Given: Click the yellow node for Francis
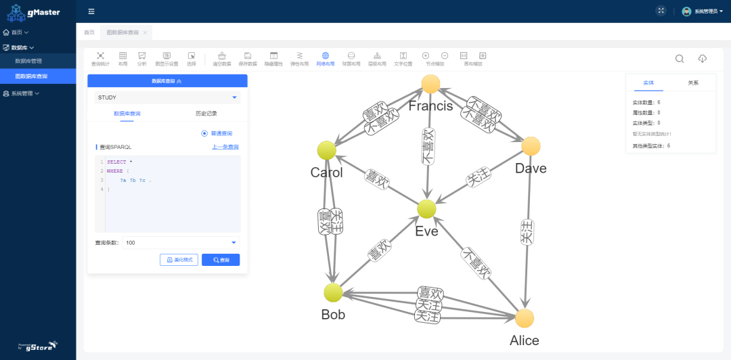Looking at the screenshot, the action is click(x=431, y=84).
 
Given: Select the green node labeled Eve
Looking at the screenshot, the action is click(x=426, y=209).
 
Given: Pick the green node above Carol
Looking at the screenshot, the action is click(x=326, y=150).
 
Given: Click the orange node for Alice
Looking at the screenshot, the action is click(x=524, y=318).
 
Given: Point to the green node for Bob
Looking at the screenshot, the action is click(x=332, y=292).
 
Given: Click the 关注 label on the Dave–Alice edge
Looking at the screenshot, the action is click(x=528, y=232).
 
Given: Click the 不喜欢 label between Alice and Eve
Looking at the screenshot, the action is click(x=477, y=263).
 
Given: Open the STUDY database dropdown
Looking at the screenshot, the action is click(x=168, y=97).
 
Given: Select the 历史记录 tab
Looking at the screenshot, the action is click(x=206, y=114).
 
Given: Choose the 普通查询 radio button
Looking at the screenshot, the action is click(x=204, y=133).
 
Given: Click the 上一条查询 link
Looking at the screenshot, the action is click(x=225, y=147).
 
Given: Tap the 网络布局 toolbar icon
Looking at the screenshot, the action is click(x=325, y=59).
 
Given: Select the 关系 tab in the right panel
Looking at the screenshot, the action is click(x=693, y=83).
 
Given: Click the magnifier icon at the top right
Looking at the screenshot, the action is click(x=680, y=59).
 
